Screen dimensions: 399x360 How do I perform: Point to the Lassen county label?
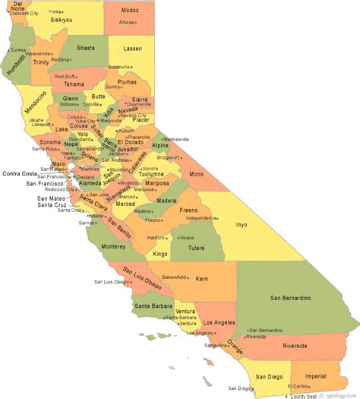point(133,49)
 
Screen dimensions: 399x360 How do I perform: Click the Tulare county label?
point(197,247)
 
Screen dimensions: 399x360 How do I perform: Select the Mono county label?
point(196,174)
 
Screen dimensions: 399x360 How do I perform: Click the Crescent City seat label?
point(24,14)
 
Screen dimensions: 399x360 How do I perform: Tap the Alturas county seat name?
point(126,23)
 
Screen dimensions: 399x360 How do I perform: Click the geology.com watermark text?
point(339,395)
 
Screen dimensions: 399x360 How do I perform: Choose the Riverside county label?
point(293,346)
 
